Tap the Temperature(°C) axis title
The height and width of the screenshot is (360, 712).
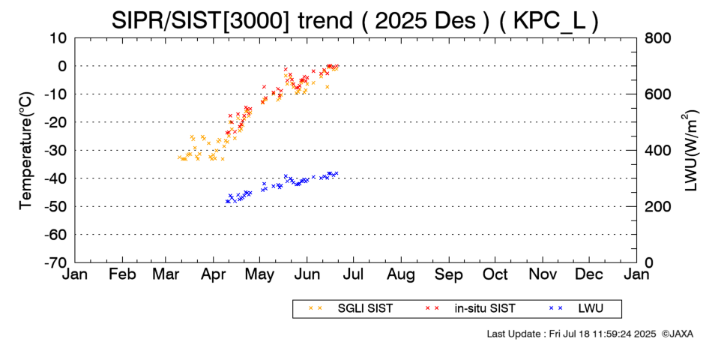tap(25, 150)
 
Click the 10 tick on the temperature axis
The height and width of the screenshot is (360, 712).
tap(58, 37)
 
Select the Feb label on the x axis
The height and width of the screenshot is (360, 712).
tap(121, 274)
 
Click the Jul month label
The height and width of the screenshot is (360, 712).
tap(355, 274)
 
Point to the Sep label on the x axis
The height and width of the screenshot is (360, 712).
tap(449, 274)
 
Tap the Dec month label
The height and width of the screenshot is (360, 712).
tap(589, 274)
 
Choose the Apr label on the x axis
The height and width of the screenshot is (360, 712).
tap(215, 274)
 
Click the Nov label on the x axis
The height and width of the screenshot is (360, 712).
tap(543, 274)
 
